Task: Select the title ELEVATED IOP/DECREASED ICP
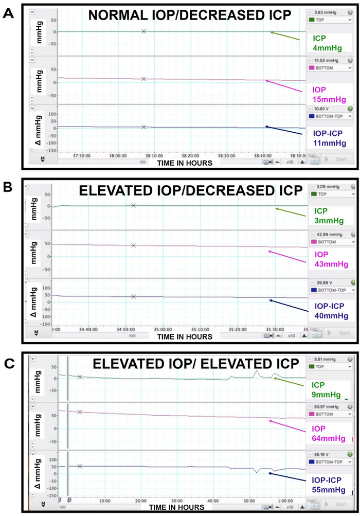point(190,191)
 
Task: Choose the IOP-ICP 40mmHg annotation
point(330,311)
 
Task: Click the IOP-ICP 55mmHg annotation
point(330,485)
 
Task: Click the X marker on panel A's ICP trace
point(144,31)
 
